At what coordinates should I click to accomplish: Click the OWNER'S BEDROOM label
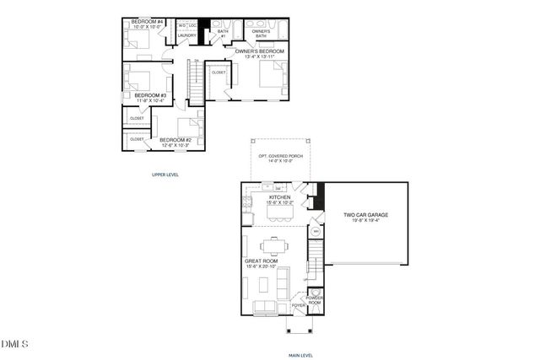[259, 51]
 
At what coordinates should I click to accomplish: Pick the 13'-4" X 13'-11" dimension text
[259, 57]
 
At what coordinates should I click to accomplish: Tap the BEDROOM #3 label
[148, 96]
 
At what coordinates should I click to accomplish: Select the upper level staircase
[196, 83]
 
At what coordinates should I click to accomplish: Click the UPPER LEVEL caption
[165, 175]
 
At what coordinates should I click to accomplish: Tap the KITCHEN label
[278, 197]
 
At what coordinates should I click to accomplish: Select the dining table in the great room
[273, 246]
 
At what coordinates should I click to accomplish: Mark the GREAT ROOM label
[261, 261]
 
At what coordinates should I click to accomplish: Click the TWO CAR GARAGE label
[365, 215]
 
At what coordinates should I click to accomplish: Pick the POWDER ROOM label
[314, 298]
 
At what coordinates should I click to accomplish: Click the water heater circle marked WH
[316, 231]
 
